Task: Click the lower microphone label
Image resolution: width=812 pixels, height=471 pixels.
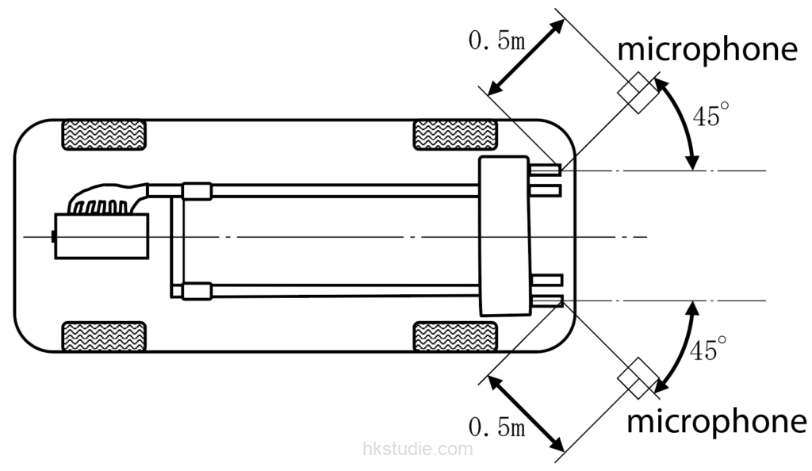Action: click(x=716, y=422)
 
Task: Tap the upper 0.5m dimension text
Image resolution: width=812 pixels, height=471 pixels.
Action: click(x=496, y=40)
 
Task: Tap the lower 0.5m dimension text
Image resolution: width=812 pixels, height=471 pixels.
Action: click(x=496, y=427)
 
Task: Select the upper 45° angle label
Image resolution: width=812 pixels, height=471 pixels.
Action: click(x=710, y=115)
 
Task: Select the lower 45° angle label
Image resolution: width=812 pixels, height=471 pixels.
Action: click(x=708, y=349)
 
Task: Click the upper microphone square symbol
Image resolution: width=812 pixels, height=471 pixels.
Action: click(x=638, y=93)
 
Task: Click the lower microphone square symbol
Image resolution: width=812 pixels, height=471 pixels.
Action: click(x=638, y=378)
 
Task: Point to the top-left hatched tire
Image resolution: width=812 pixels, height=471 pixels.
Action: click(x=104, y=135)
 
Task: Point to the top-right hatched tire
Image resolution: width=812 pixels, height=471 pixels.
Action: click(x=455, y=135)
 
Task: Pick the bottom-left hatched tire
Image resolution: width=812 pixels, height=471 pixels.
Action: click(x=104, y=336)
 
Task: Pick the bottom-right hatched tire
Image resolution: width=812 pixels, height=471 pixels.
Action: click(x=455, y=336)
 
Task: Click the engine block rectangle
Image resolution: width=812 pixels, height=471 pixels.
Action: click(x=101, y=236)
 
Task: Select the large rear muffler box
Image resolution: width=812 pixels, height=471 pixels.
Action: click(x=505, y=236)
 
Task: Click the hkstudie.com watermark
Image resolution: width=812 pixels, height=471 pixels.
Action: click(x=418, y=448)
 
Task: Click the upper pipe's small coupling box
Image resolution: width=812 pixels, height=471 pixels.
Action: click(x=197, y=191)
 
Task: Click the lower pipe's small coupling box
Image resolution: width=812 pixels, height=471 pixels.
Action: click(x=197, y=291)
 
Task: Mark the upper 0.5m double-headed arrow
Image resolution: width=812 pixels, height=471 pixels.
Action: click(x=527, y=57)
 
